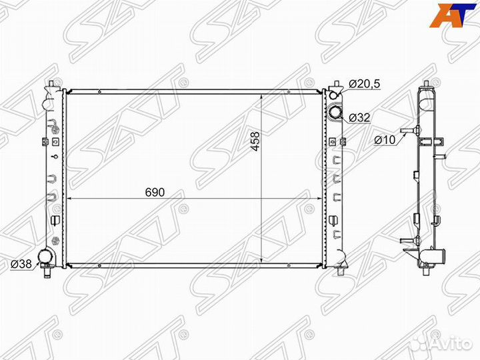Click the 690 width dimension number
coord(155,192)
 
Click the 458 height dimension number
coord(254,143)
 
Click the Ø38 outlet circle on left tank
coord(45,257)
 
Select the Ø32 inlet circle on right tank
coord(335,113)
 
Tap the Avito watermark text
coord(446,342)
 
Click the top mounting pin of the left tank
coord(51,84)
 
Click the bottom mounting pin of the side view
coord(423,269)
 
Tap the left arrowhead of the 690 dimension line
coord(69,199)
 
